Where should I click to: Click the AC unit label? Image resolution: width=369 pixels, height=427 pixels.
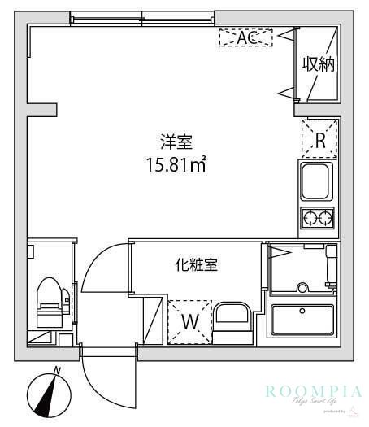point(245,37)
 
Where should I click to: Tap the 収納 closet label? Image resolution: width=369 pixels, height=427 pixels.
point(319,64)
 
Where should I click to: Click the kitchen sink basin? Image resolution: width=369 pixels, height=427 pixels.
point(318,181)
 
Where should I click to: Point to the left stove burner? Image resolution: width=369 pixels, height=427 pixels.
point(310,217)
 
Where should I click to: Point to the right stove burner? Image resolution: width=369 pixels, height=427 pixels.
point(327,217)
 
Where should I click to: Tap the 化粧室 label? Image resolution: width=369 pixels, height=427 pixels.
point(196,265)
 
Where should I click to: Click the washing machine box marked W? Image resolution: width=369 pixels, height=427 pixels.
point(189,320)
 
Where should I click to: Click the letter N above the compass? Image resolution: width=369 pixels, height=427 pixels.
point(57,371)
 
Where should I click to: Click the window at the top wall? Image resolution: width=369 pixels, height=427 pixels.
point(142,18)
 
